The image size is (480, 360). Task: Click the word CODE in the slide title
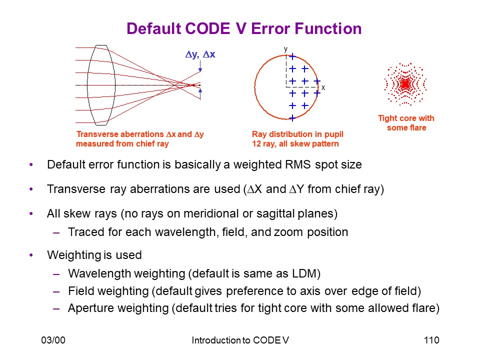tap(207, 29)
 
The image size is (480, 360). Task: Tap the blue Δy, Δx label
tap(200, 54)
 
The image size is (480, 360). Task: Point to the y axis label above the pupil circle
tap(285, 49)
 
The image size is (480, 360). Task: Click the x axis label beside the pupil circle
tap(323, 87)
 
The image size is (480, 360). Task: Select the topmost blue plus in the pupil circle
tap(292, 56)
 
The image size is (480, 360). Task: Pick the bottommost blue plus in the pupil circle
tap(292, 118)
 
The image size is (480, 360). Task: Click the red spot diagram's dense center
tap(405, 84)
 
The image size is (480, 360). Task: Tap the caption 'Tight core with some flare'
tap(406, 123)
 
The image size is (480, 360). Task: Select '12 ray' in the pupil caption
tap(263, 144)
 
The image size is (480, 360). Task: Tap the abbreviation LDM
tap(304, 273)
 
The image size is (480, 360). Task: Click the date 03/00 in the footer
tap(53, 340)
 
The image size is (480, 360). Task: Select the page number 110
tap(431, 340)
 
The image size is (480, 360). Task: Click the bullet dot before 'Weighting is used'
tap(31, 255)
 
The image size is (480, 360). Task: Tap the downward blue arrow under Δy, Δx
tap(200, 66)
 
